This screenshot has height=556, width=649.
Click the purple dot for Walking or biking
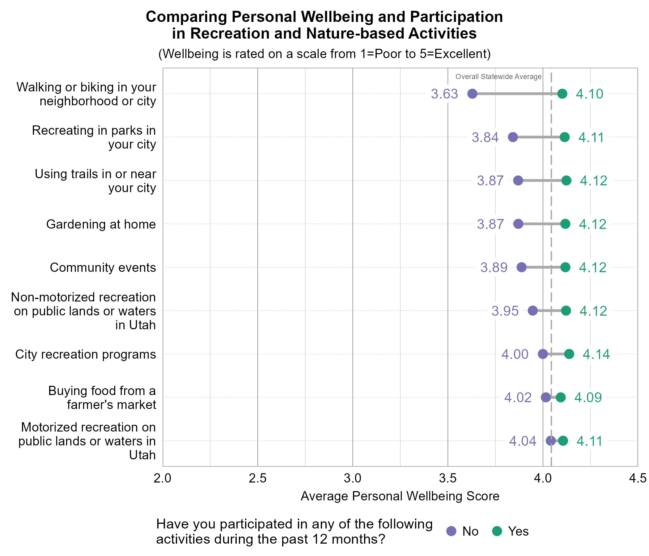tap(472, 94)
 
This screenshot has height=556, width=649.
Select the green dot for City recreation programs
tap(569, 354)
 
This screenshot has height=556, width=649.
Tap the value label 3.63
tap(444, 94)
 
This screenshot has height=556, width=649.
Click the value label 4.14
tap(596, 354)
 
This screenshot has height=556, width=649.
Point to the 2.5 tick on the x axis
tap(257, 478)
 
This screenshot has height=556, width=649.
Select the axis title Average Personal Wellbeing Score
tap(400, 496)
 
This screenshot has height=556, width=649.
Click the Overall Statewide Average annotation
tap(498, 77)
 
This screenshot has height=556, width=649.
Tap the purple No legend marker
tap(451, 531)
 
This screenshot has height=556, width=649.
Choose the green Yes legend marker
tap(497, 531)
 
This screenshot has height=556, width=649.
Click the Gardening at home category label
tap(101, 224)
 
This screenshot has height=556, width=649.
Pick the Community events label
tap(103, 268)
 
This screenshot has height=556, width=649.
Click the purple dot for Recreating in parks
tap(513, 137)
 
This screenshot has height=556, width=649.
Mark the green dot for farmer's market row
tap(561, 398)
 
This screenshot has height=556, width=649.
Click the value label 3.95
tap(505, 311)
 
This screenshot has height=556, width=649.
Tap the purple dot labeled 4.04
tap(551, 441)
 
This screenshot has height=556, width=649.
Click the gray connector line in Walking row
tap(517, 94)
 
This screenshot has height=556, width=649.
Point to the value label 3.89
tap(494, 268)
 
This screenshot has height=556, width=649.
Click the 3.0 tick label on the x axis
tap(353, 478)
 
